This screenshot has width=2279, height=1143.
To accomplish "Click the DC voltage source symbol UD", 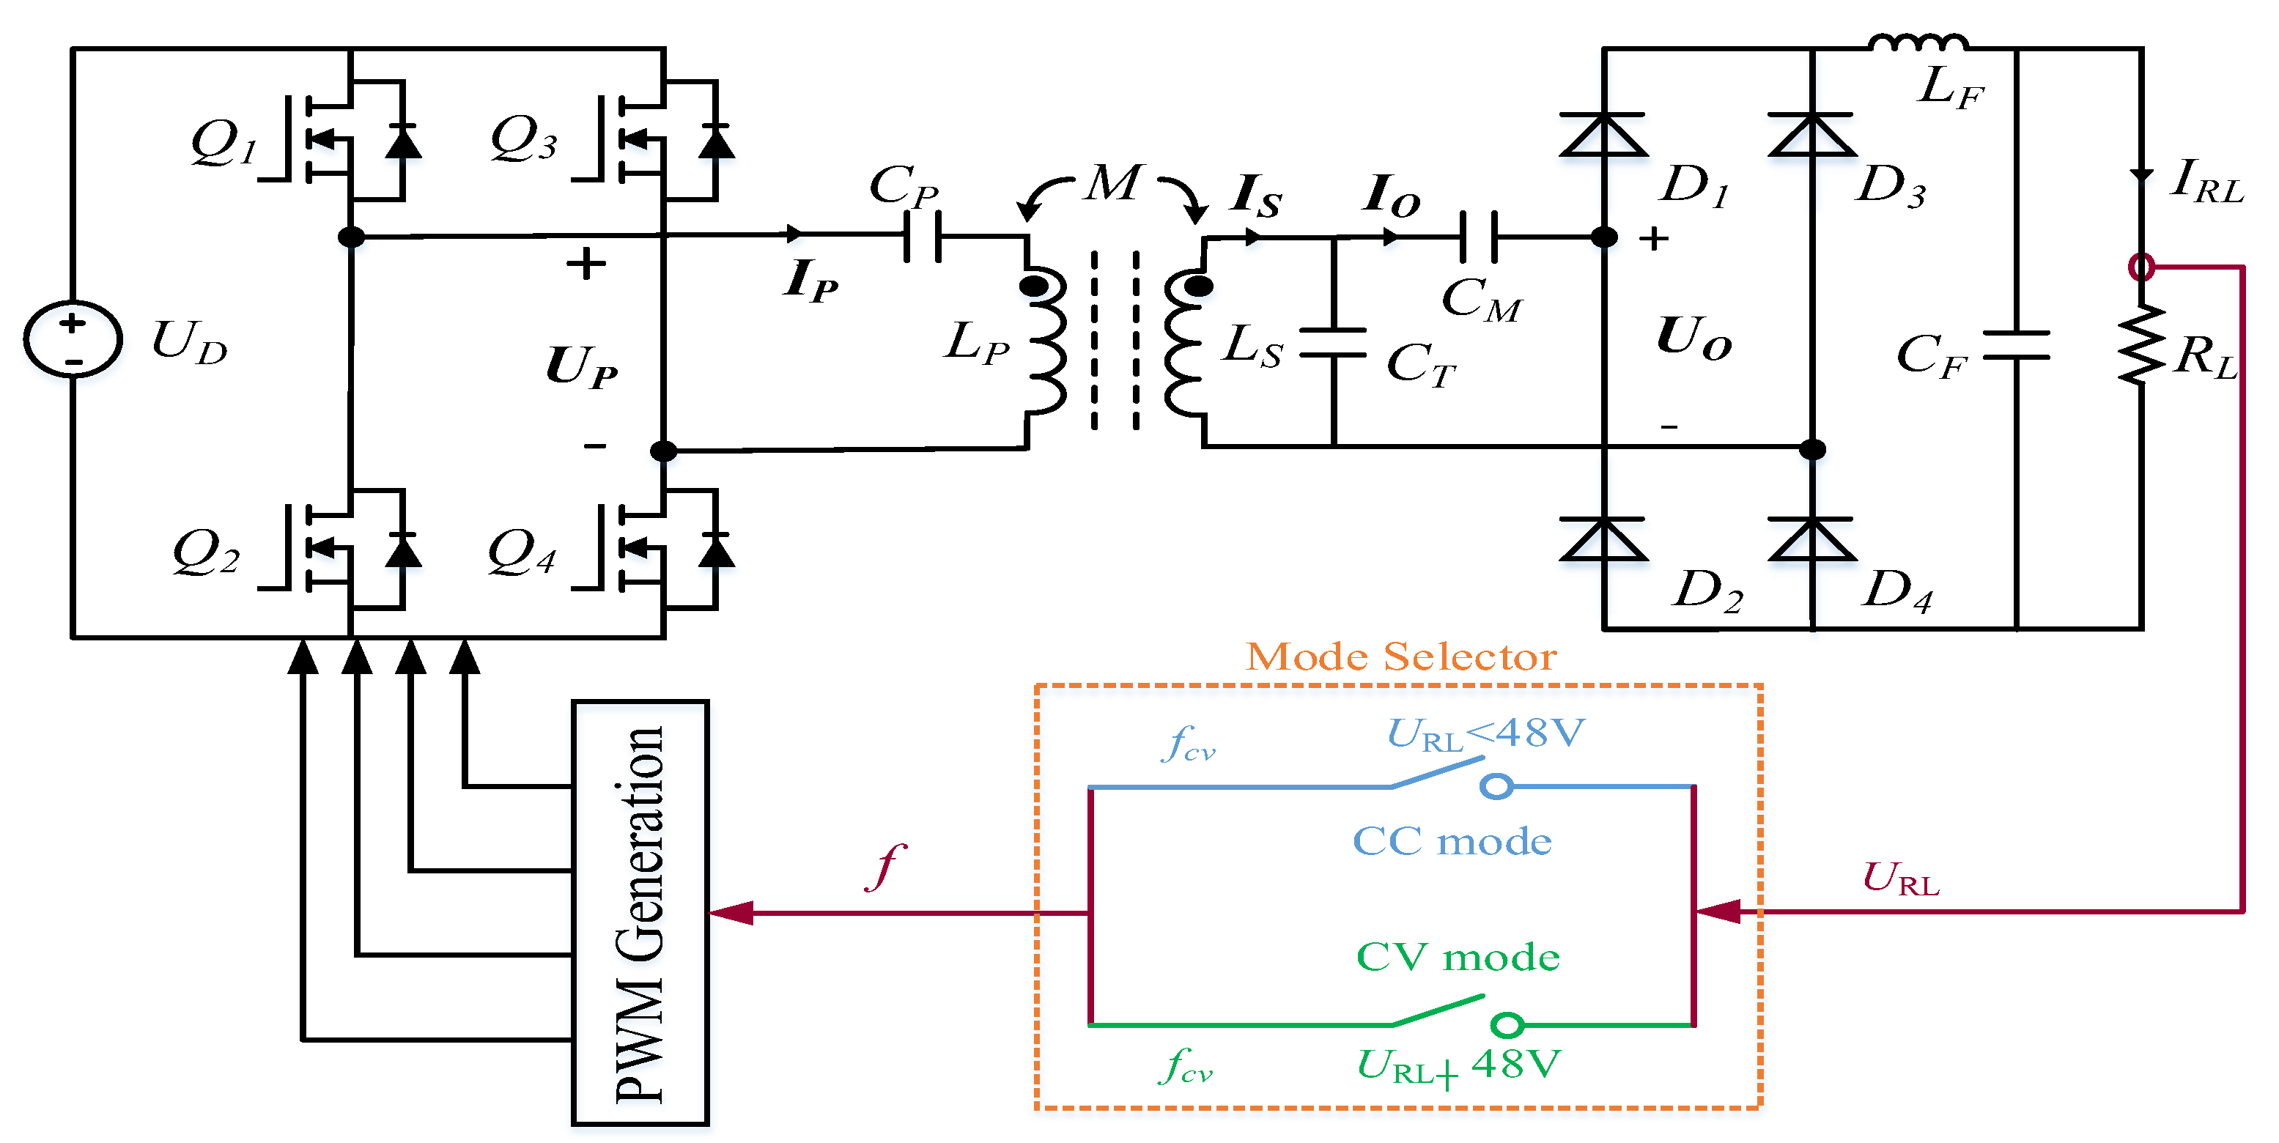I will (x=73, y=339).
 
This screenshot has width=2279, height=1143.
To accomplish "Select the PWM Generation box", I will (x=640, y=912).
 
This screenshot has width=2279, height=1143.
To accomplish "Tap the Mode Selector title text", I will (x=1400, y=657).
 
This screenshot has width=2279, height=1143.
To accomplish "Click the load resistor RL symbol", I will (x=2141, y=345).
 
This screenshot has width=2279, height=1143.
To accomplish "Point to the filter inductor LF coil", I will (x=1918, y=42).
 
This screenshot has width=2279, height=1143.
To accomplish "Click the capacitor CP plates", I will (x=922, y=236).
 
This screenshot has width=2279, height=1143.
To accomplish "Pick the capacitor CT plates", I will (x=1333, y=342).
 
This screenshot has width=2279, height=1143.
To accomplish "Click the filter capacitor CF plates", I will (x=2016, y=345).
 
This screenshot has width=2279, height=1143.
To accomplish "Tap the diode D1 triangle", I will (x=1603, y=135).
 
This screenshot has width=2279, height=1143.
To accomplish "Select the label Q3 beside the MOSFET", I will (x=524, y=140).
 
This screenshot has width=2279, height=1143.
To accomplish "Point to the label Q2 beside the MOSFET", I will (x=206, y=553).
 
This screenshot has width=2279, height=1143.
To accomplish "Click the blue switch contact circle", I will (x=1496, y=785).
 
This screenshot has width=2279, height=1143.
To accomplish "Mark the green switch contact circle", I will (x=1507, y=1025).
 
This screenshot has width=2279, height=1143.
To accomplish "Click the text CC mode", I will (x=1452, y=841).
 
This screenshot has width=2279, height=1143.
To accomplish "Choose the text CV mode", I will (x=1457, y=957).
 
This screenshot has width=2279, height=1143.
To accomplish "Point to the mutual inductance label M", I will (x=1114, y=184).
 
